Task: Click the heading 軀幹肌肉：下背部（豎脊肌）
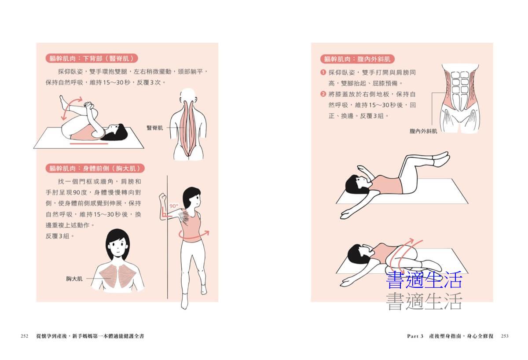pos(92,58)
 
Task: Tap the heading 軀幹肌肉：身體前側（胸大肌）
pos(95,168)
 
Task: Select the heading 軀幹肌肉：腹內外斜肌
pos(357,59)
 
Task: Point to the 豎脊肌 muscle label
pos(154,128)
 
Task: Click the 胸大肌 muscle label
pos(74,279)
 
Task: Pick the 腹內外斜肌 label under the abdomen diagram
pos(423,131)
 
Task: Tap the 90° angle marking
pos(174,206)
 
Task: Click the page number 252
pos(25,336)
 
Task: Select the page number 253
pos(505,336)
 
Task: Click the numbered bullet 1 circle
pos(323,72)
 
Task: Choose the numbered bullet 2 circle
pos(323,94)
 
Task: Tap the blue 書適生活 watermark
pos(424,280)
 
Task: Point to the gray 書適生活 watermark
pos(424,301)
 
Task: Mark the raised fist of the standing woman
pos(163,198)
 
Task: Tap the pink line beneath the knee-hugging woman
pos(89,143)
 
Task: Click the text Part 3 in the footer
pos(415,336)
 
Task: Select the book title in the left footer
pos(90,336)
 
